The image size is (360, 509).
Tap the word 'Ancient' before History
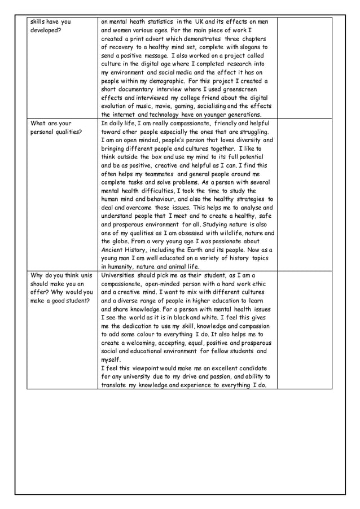tap(115, 250)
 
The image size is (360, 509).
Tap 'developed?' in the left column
tap(45, 30)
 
